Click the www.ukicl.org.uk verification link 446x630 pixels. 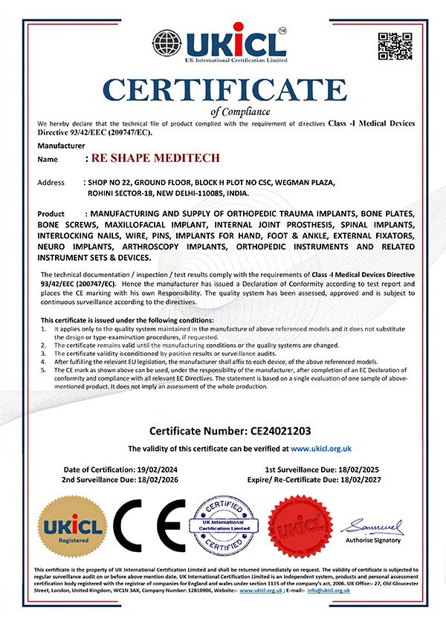click(321, 449)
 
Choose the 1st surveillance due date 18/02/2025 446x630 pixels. click(360, 470)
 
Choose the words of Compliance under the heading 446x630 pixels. click(223, 111)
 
